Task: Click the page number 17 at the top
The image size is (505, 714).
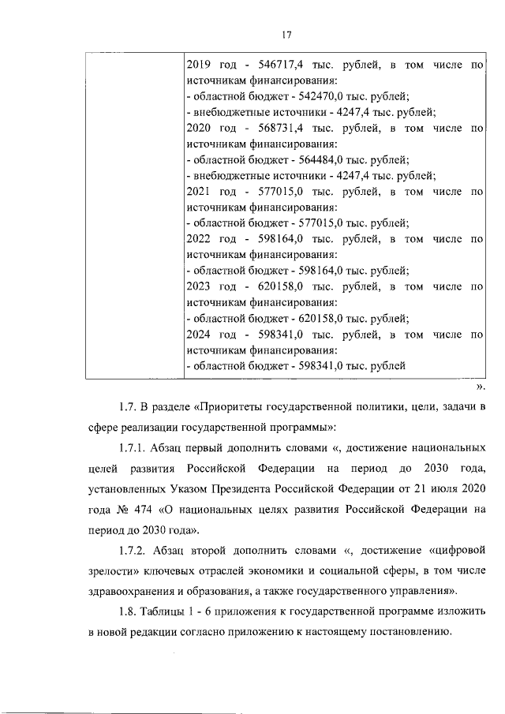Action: click(286, 34)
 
